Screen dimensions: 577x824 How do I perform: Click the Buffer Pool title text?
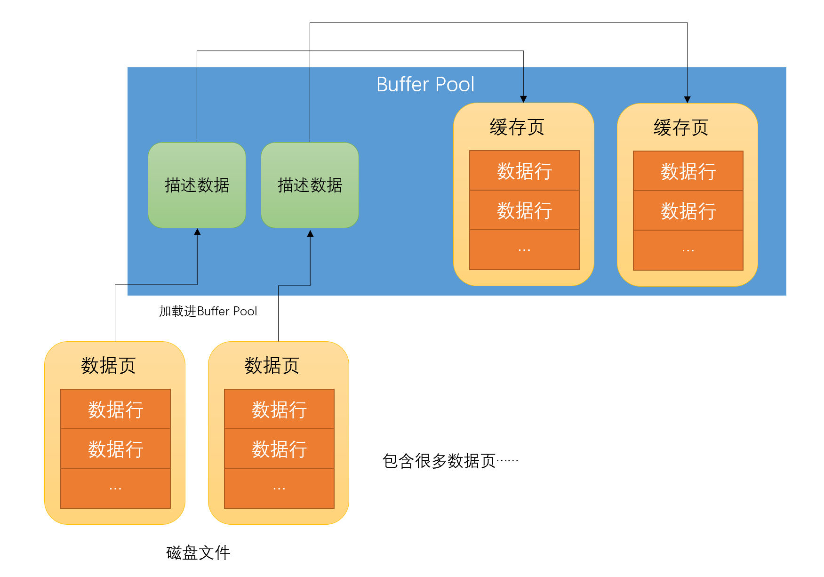(x=425, y=85)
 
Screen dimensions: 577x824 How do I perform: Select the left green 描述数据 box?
(x=197, y=185)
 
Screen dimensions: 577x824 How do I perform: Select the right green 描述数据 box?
(x=310, y=185)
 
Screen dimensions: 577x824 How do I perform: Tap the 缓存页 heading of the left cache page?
(x=517, y=127)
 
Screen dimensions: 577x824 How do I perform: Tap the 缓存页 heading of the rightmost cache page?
(x=680, y=128)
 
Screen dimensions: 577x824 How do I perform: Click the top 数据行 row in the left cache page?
(x=524, y=170)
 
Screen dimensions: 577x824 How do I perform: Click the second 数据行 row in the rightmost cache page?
(x=688, y=210)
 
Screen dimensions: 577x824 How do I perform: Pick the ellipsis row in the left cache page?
(x=524, y=250)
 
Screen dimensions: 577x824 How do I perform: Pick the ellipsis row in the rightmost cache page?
(x=688, y=250)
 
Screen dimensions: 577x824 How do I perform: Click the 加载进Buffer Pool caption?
(x=208, y=311)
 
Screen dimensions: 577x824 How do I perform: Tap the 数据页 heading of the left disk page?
(x=108, y=365)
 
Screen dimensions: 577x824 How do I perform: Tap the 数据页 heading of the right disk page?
(x=272, y=365)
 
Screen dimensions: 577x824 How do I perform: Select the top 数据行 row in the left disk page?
(x=115, y=409)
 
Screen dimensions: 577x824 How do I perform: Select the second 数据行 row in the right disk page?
(x=279, y=449)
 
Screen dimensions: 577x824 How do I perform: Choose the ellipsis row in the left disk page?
(x=115, y=489)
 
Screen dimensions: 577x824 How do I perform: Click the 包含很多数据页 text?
(x=450, y=461)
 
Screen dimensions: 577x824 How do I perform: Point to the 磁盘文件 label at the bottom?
(x=198, y=553)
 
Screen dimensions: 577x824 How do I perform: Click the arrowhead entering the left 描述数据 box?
(x=197, y=232)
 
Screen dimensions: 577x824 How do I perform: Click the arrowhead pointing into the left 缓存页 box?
(x=523, y=99)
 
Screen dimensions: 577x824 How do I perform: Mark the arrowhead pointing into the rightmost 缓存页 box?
(x=687, y=99)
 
